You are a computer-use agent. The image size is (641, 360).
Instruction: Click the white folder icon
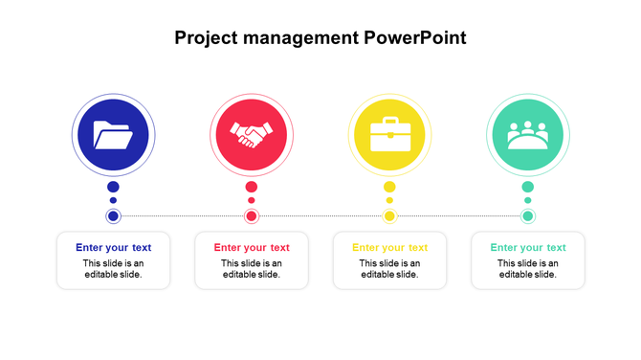pos(113,135)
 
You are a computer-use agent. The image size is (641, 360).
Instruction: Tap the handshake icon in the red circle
pos(252,135)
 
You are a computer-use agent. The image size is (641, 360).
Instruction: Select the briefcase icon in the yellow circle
pos(389,135)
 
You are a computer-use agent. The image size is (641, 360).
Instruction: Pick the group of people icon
pos(527,135)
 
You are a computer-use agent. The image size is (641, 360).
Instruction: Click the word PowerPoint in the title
pos(415,38)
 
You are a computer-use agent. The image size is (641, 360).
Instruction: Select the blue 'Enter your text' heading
pos(113,247)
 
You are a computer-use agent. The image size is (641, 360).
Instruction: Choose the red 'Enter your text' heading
pos(252,247)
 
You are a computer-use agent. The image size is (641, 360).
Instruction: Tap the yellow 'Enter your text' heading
pos(389,247)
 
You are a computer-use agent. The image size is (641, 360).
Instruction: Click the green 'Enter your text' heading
pos(528,247)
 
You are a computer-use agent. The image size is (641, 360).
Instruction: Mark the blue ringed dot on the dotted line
pos(113,216)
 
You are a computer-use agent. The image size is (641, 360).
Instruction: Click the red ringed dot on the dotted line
pos(252,216)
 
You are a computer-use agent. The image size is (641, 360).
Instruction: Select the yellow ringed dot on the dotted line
pos(389,216)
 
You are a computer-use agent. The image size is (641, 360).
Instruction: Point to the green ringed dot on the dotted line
pos(527,216)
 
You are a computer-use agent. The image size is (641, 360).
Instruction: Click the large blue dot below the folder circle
pos(113,187)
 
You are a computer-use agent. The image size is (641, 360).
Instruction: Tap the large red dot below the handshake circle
pos(252,187)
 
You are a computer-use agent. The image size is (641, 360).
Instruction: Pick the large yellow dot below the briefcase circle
pos(389,187)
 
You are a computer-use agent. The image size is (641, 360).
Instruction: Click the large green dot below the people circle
pos(527,187)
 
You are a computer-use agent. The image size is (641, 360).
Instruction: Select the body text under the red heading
pos(252,269)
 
